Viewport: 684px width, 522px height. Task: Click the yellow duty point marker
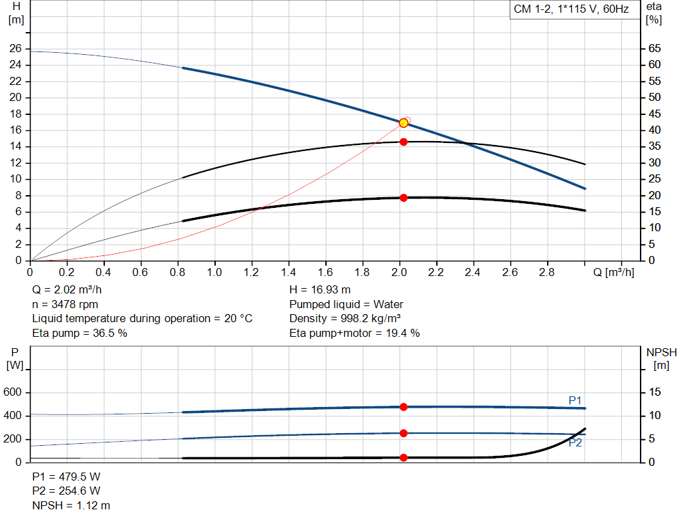point(403,123)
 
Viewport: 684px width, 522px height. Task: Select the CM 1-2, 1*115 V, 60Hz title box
point(571,9)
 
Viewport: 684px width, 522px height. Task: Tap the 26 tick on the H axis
point(15,49)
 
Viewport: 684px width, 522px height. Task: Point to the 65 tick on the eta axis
point(655,49)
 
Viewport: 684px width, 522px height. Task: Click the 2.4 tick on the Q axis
point(473,273)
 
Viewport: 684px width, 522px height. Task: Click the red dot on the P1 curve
point(403,407)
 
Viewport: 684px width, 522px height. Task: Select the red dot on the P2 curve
point(403,433)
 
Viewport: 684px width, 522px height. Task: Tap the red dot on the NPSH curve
point(403,458)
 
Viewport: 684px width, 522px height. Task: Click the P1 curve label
point(575,400)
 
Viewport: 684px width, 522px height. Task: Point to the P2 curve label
point(575,442)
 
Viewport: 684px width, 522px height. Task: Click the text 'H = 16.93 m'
point(320,289)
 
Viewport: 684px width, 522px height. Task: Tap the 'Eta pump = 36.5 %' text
point(79,333)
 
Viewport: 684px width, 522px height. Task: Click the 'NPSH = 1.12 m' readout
point(71,505)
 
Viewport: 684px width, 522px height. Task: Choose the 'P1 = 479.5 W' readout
point(66,477)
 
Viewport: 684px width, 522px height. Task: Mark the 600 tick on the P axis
point(13,392)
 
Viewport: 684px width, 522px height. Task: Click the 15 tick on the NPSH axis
point(655,392)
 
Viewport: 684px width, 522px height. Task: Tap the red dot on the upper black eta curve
point(403,142)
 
